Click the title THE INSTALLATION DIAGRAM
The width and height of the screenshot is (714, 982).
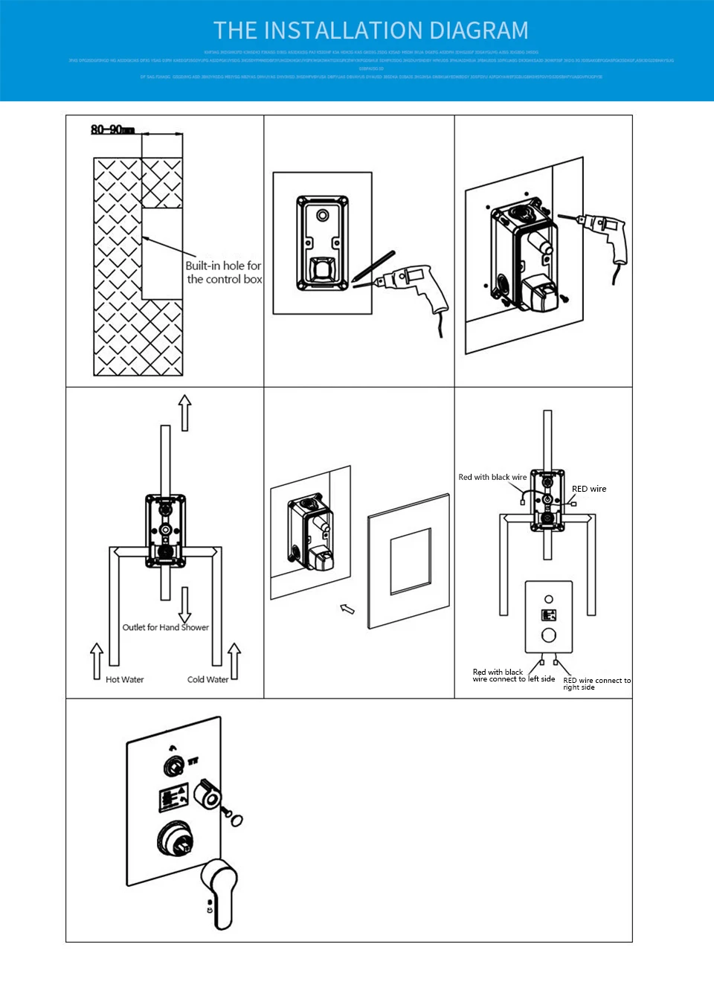coord(370,31)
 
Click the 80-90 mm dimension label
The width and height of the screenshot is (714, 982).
coord(112,129)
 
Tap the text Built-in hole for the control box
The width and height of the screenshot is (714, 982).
coord(223,272)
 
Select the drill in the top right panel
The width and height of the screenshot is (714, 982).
coord(606,234)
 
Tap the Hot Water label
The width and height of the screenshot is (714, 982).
coord(124,679)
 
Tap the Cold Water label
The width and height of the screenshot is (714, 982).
coord(208,679)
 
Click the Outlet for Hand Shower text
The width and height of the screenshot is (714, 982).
coord(165,627)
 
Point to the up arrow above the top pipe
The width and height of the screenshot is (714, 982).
coord(184,413)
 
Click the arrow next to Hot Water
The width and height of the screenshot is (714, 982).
coord(97,661)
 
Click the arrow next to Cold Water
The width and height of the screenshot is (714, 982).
coord(234,661)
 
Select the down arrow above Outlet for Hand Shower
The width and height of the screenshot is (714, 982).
coord(184,604)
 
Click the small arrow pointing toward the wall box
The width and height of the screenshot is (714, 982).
coord(347,609)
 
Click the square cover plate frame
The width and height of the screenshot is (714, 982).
coord(409,562)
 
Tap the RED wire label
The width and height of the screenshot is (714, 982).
coord(588,489)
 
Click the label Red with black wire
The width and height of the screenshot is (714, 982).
coord(492,477)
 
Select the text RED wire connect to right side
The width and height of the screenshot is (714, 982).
coord(596,684)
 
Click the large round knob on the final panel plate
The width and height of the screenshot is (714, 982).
coord(177,839)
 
